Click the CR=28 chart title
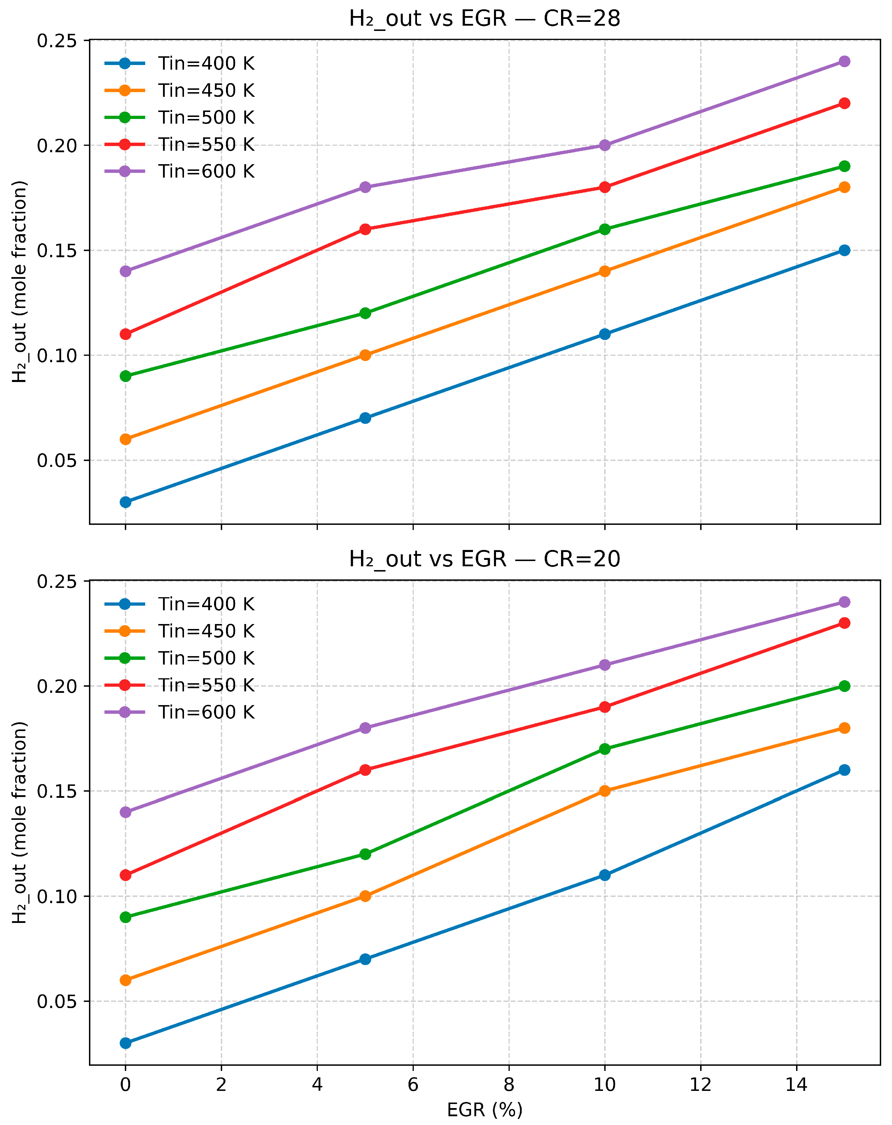(484, 19)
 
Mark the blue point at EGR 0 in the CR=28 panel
(125, 502)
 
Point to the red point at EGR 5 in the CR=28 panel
(365, 229)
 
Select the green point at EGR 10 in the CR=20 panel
(604, 749)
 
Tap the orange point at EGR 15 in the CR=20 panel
(844, 728)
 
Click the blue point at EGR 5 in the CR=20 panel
(365, 959)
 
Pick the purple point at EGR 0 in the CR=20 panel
(125, 812)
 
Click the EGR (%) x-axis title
(484, 1110)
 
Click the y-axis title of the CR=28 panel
(20, 282)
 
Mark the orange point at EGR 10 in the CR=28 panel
(604, 271)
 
